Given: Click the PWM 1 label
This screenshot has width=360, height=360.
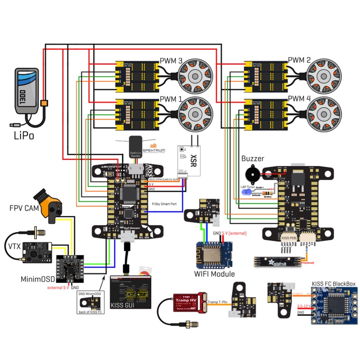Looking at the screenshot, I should (171, 98).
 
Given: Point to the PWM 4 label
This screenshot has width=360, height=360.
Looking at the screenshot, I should (299, 98).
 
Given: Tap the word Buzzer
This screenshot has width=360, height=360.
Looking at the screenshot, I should (253, 158).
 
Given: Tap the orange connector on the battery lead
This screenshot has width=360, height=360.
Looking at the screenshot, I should (44, 103).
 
